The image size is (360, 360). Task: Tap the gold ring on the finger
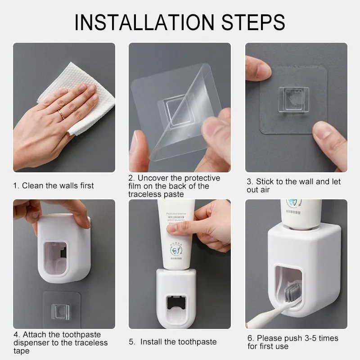61,115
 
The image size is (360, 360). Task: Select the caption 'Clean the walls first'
58,185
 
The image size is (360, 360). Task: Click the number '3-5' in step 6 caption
305,338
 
